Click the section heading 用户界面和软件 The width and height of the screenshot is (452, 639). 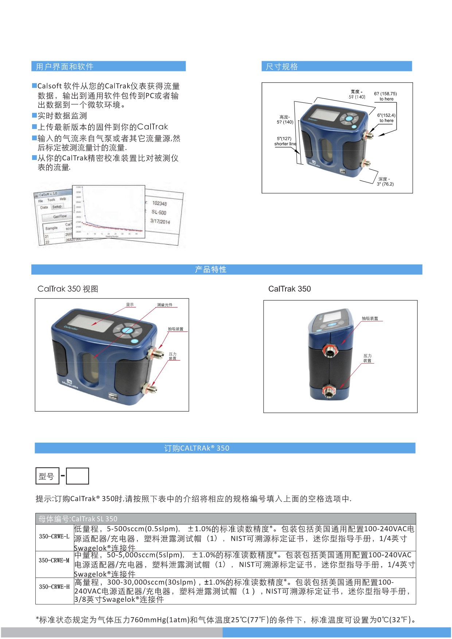pyautogui.click(x=65, y=66)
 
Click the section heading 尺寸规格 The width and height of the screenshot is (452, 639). pyautogui.click(x=282, y=66)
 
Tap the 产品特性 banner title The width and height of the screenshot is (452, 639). pyautogui.click(x=211, y=269)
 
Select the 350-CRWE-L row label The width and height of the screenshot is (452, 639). pyautogui.click(x=54, y=536)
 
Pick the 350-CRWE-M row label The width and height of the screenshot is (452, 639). pyautogui.click(x=54, y=560)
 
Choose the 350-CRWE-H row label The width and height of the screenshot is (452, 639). pyautogui.click(x=54, y=587)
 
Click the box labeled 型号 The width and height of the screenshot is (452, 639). pyautogui.click(x=47, y=476)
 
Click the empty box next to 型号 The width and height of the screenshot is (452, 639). pyautogui.click(x=78, y=476)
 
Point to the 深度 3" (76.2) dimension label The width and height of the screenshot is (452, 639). pyautogui.click(x=385, y=181)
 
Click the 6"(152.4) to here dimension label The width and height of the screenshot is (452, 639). pyautogui.click(x=386, y=118)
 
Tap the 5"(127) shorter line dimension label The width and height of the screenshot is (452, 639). pyautogui.click(x=285, y=141)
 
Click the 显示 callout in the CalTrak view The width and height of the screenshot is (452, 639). pyautogui.click(x=130, y=305)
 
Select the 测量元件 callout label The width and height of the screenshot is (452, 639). pyautogui.click(x=165, y=305)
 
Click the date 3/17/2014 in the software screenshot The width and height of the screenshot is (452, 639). pyautogui.click(x=160, y=222)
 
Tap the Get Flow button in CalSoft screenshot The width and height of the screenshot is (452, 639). pyautogui.click(x=60, y=216)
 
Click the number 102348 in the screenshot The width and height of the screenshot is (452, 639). pyautogui.click(x=159, y=203)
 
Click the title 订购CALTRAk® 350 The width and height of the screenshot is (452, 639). pyautogui.click(x=197, y=448)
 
